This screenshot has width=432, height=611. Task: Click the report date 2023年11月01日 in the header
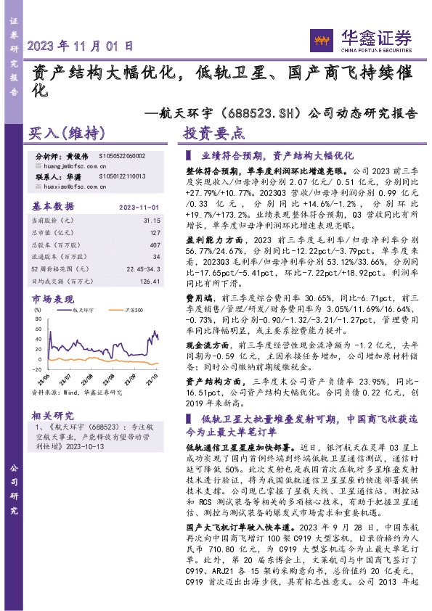(81, 45)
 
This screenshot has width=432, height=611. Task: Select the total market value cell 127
(155, 232)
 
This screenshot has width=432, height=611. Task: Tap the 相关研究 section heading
(53, 416)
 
